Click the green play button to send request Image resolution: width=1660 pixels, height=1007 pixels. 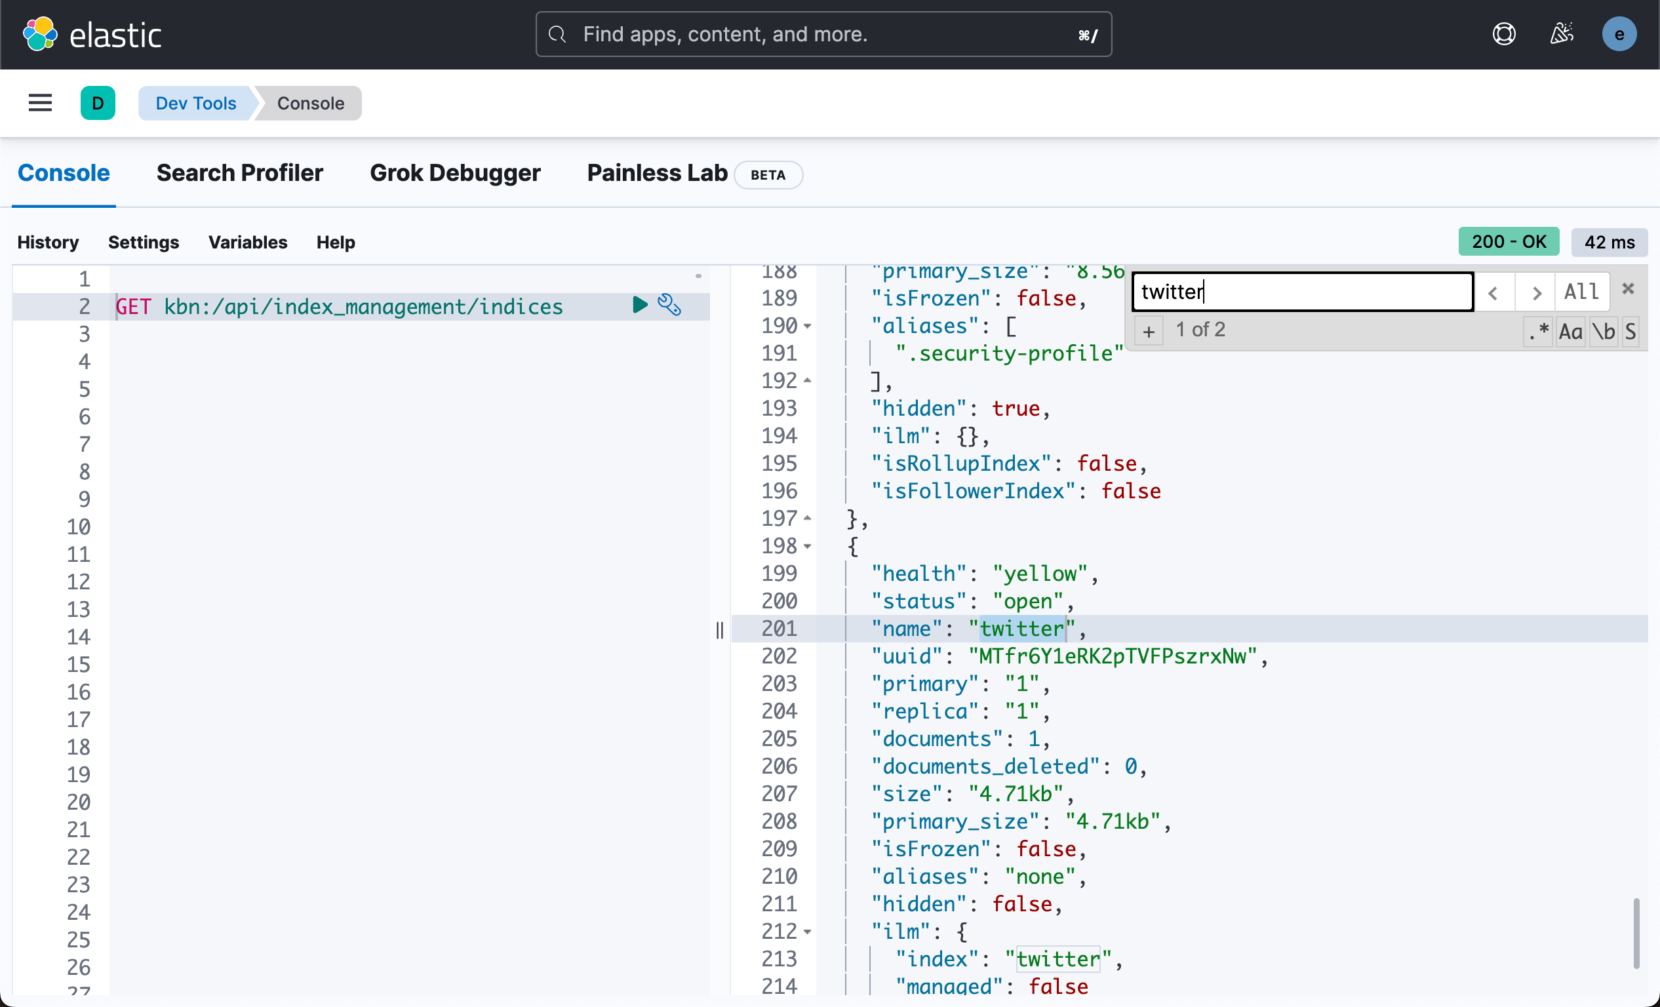(639, 305)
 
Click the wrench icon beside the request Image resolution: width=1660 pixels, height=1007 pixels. (669, 305)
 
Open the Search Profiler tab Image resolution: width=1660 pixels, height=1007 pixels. (239, 173)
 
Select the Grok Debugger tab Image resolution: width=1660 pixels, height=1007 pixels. (455, 173)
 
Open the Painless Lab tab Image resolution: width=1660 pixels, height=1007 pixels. (657, 173)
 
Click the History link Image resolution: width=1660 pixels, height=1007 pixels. (48, 242)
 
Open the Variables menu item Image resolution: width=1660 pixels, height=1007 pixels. (247, 242)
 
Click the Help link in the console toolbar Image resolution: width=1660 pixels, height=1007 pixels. (336, 242)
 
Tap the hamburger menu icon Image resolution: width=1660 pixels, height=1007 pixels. (41, 103)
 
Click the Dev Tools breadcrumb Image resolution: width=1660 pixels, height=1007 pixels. (195, 103)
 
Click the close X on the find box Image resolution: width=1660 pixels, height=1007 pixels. (1628, 289)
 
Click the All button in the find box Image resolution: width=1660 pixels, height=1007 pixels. (1581, 292)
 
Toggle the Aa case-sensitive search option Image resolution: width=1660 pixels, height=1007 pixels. (1570, 331)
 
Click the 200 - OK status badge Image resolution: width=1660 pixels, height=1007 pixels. (1508, 242)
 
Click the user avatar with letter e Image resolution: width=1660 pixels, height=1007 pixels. (1618, 34)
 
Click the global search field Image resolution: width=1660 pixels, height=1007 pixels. (823, 34)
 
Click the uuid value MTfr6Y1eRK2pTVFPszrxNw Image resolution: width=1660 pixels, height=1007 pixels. (1113, 656)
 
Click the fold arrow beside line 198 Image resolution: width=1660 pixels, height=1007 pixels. (807, 546)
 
